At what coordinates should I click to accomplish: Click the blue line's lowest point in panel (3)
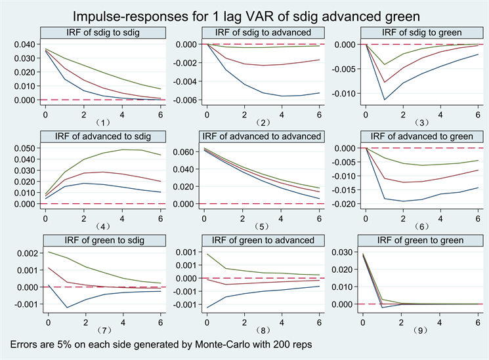click(384, 100)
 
